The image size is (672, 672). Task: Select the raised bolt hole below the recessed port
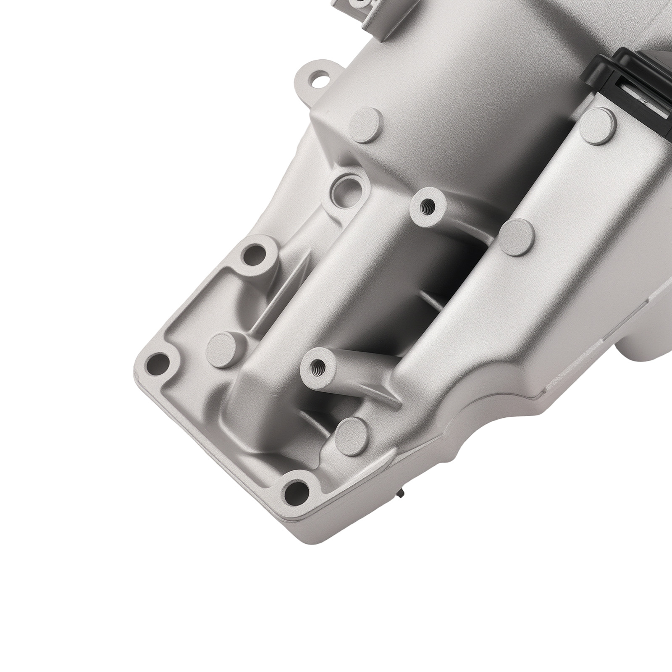tap(256, 254)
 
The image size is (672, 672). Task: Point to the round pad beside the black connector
tap(598, 120)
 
